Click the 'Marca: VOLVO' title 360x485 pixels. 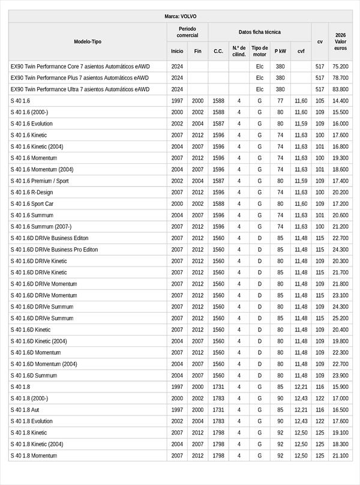180,16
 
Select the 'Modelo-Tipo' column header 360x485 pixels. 88,41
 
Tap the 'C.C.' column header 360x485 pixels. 218,51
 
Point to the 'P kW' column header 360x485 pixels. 280,51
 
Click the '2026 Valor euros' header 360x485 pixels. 340,41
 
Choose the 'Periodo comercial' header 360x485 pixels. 187,32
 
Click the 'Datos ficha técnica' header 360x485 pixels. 259,32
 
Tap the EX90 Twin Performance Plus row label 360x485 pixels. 79,78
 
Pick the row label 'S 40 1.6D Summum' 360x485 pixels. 34,375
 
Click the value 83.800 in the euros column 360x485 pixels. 340,89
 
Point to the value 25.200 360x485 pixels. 340,318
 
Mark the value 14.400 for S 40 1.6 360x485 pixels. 340,101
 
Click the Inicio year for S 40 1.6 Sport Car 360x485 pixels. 177,203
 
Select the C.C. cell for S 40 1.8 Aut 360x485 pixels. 218,409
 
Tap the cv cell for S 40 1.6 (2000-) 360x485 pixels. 320,112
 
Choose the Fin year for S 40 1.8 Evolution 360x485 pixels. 198,421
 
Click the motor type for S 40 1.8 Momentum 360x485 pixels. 260,456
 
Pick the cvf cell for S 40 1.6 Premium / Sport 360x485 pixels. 301,181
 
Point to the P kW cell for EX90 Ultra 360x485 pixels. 280,89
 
